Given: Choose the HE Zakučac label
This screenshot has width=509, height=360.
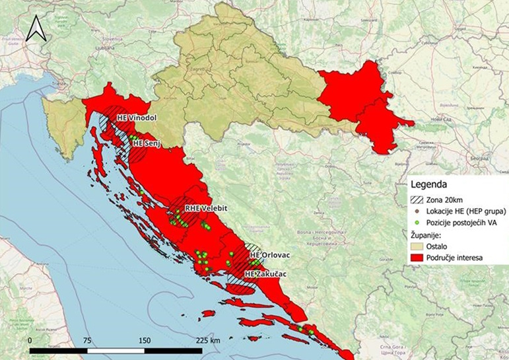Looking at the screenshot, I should [267, 273].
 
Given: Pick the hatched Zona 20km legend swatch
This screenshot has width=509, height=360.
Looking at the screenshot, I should [417, 199].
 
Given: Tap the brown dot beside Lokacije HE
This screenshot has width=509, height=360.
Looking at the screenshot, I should [417, 211].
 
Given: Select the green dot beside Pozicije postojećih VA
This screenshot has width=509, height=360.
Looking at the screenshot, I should [417, 223].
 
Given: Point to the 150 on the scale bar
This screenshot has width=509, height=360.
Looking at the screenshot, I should [144, 340].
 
